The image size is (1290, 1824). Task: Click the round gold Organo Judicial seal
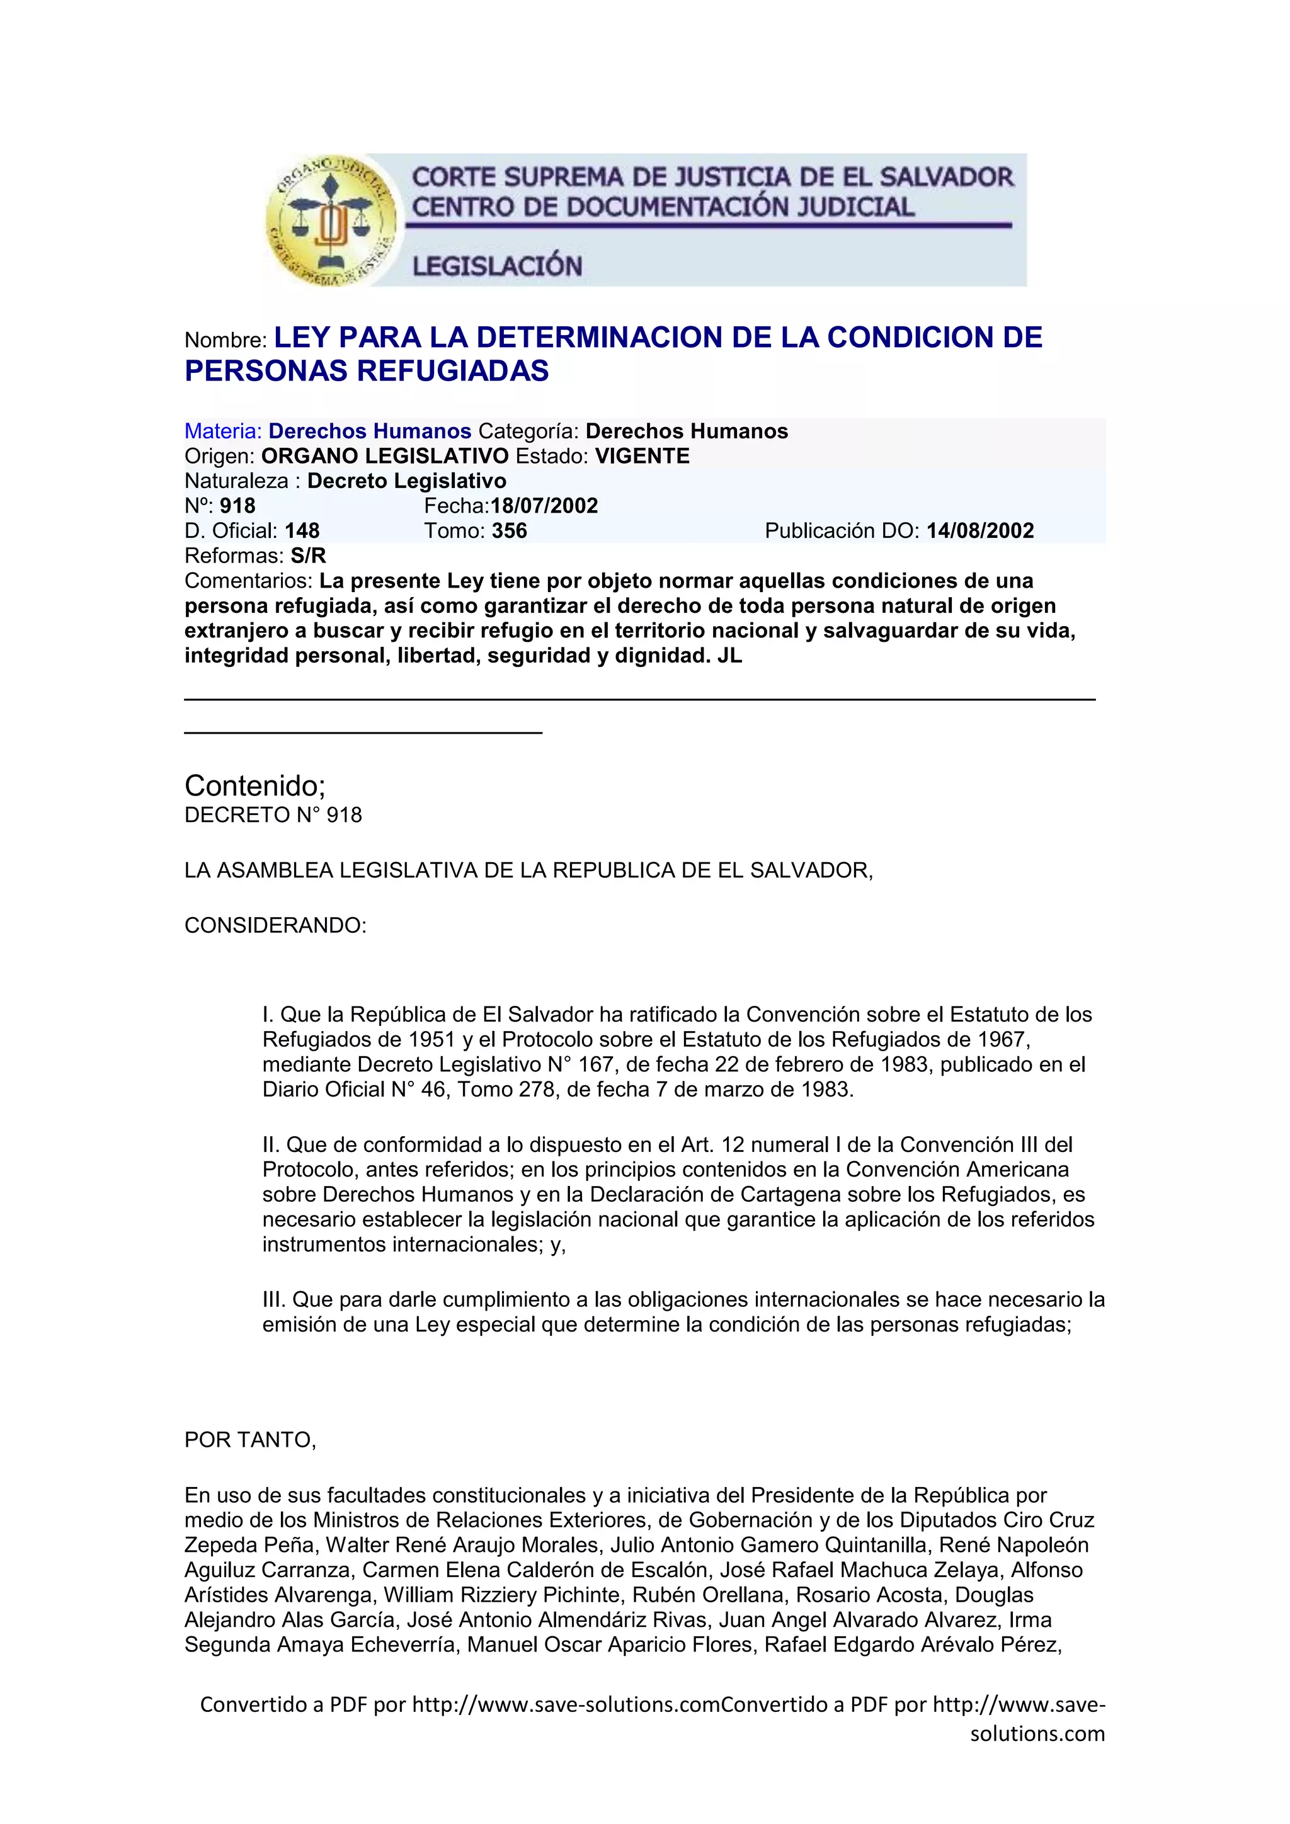332,220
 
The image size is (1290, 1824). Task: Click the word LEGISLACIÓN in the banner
496,265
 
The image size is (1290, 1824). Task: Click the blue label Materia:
222,431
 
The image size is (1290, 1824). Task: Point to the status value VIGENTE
642,456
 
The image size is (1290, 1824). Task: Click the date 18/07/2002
544,506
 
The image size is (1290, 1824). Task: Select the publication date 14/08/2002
979,531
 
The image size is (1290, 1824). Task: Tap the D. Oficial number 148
302,531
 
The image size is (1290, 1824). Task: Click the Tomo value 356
509,531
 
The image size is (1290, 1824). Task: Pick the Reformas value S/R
308,556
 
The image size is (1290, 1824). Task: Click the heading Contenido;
255,785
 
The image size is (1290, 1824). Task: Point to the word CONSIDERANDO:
275,925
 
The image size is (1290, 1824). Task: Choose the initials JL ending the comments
729,656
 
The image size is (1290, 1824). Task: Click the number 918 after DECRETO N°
344,815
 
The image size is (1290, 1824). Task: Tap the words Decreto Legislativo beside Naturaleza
407,481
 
